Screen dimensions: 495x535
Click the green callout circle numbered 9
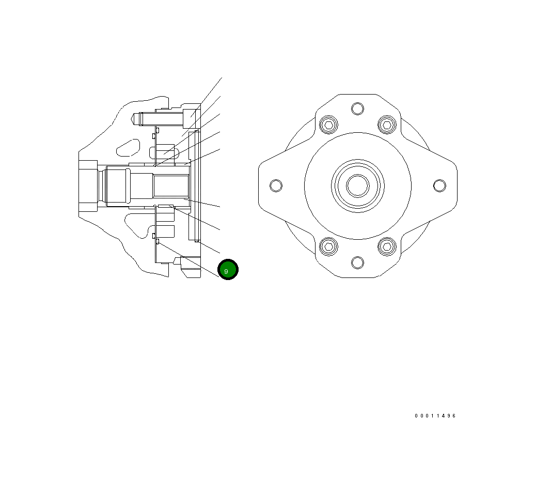228,270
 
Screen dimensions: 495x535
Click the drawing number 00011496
435,416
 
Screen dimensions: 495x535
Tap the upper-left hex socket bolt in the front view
328,125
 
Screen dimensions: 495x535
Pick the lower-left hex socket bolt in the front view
328,246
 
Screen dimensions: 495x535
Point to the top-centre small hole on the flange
357,109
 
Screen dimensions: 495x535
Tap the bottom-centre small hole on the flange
357,262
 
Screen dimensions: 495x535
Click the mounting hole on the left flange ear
276,185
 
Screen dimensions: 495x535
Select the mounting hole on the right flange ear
439,185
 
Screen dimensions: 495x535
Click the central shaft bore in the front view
357,185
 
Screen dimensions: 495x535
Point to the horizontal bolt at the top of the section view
160,118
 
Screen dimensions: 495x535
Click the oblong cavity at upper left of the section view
128,147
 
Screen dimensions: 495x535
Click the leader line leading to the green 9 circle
188,260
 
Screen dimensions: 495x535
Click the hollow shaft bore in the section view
170,187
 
